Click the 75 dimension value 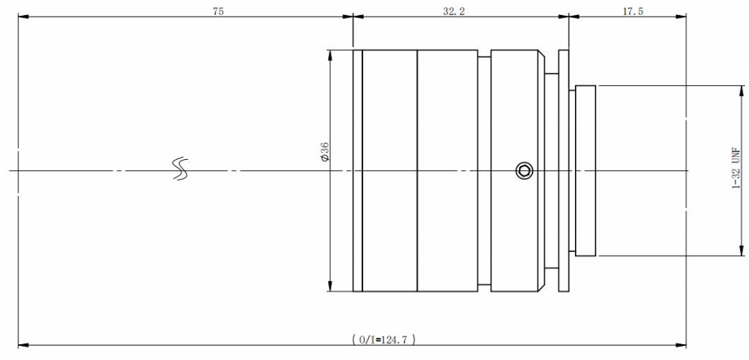coord(218,12)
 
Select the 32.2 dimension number coord(454,12)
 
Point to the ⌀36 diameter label coord(324,151)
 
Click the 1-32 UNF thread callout coord(736,169)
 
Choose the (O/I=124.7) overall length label coord(384,340)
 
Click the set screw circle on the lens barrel coord(524,170)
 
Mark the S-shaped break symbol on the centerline coord(180,169)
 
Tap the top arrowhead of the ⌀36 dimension coord(330,55)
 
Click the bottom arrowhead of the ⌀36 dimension coord(330,286)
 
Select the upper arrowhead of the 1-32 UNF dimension coord(742,91)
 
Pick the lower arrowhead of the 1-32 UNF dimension coord(742,250)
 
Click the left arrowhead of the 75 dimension coord(24,17)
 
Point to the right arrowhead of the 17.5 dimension coord(680,17)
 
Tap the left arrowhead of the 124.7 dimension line coord(24,345)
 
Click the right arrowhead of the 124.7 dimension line coord(680,345)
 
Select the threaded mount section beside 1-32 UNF coord(586,170)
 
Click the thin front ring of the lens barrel coord(358,170)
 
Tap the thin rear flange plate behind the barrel coord(564,170)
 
